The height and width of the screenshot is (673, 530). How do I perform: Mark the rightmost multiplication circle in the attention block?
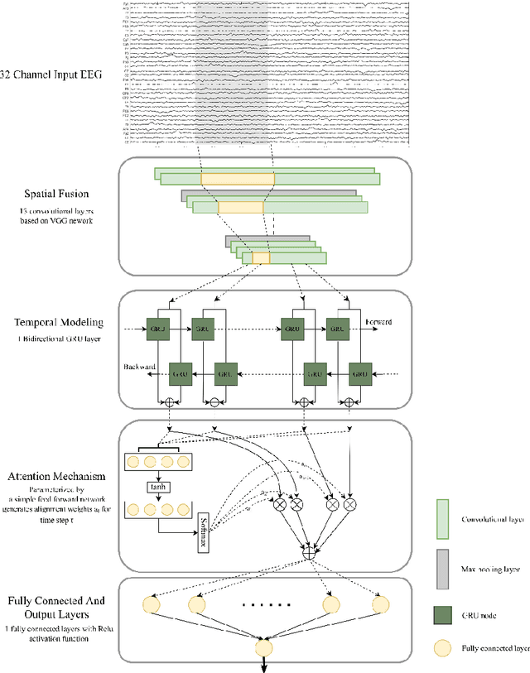point(350,502)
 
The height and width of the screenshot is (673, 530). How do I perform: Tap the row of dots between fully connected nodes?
point(263,605)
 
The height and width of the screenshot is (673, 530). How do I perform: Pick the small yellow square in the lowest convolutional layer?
point(261,258)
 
